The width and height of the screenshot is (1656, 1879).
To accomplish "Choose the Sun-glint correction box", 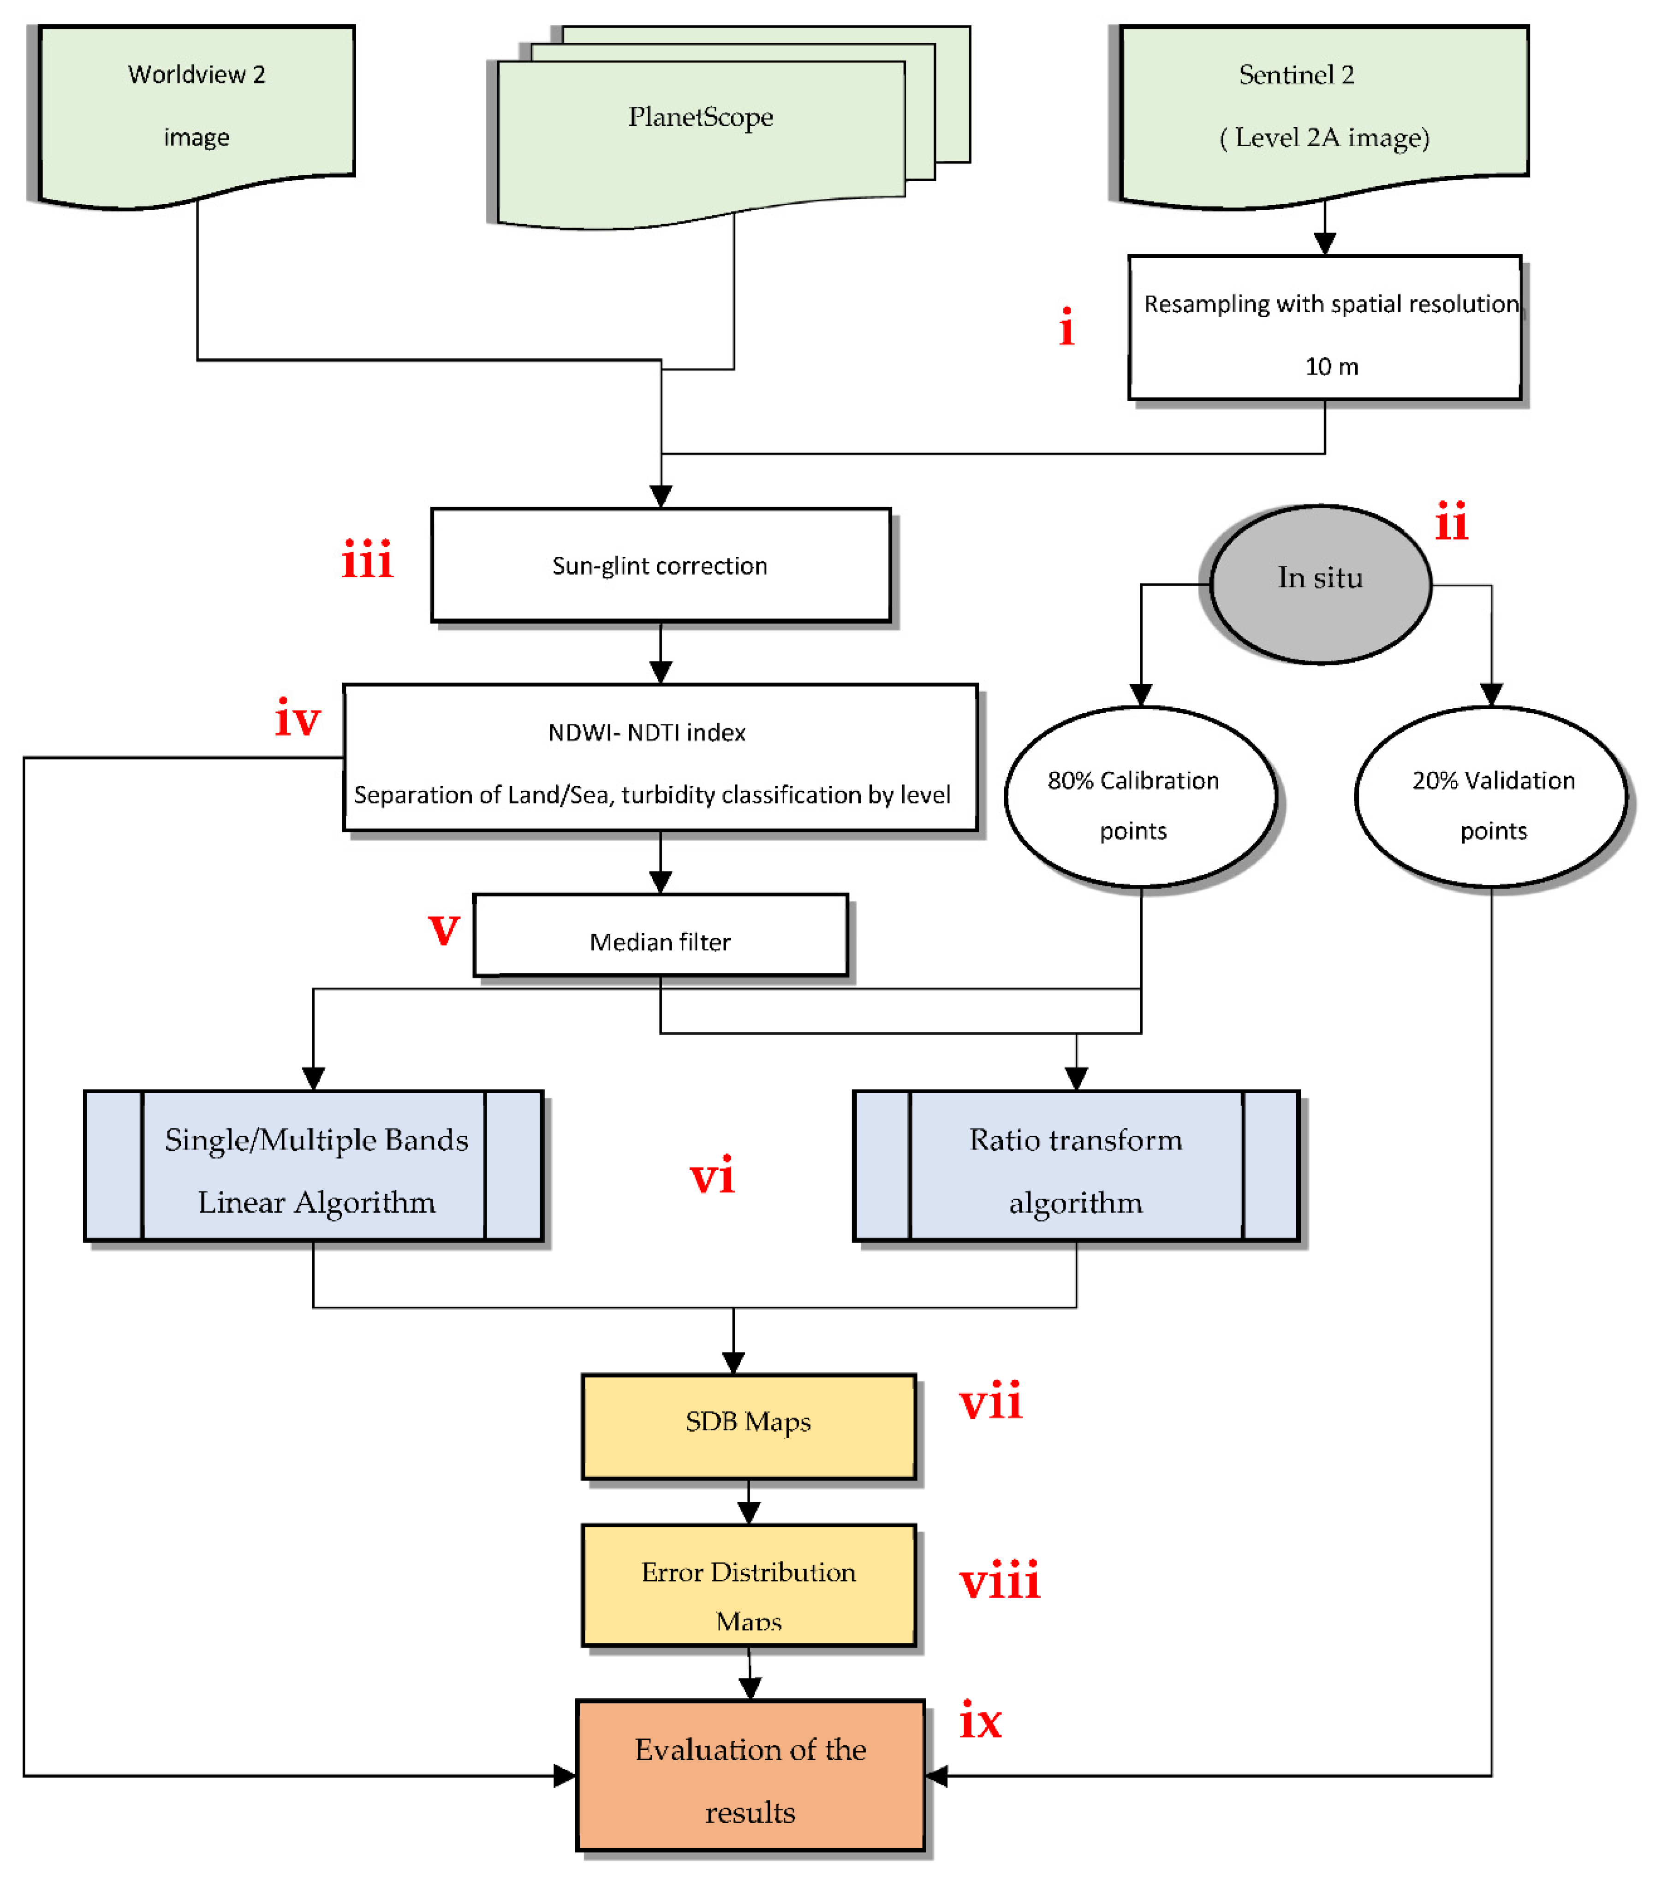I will point(660,565).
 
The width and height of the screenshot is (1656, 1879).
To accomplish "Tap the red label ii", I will point(1451,522).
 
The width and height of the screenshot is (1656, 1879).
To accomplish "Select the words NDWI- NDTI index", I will point(646,733).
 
